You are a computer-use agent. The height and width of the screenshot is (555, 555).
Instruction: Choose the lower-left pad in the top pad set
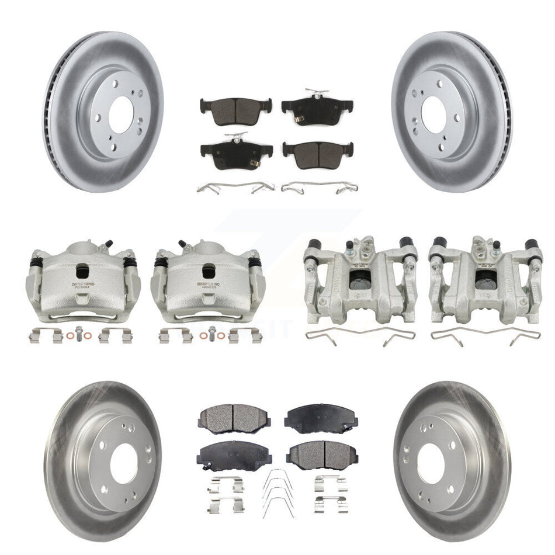(235, 153)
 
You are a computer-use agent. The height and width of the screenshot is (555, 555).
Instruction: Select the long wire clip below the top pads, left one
(235, 187)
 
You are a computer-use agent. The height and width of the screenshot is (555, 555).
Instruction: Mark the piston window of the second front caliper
(208, 272)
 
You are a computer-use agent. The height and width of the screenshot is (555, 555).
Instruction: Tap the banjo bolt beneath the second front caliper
(211, 335)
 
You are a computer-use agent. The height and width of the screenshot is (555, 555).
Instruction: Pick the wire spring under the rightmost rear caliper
(485, 337)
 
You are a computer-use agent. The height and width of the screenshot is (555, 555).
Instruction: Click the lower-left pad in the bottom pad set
(233, 455)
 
